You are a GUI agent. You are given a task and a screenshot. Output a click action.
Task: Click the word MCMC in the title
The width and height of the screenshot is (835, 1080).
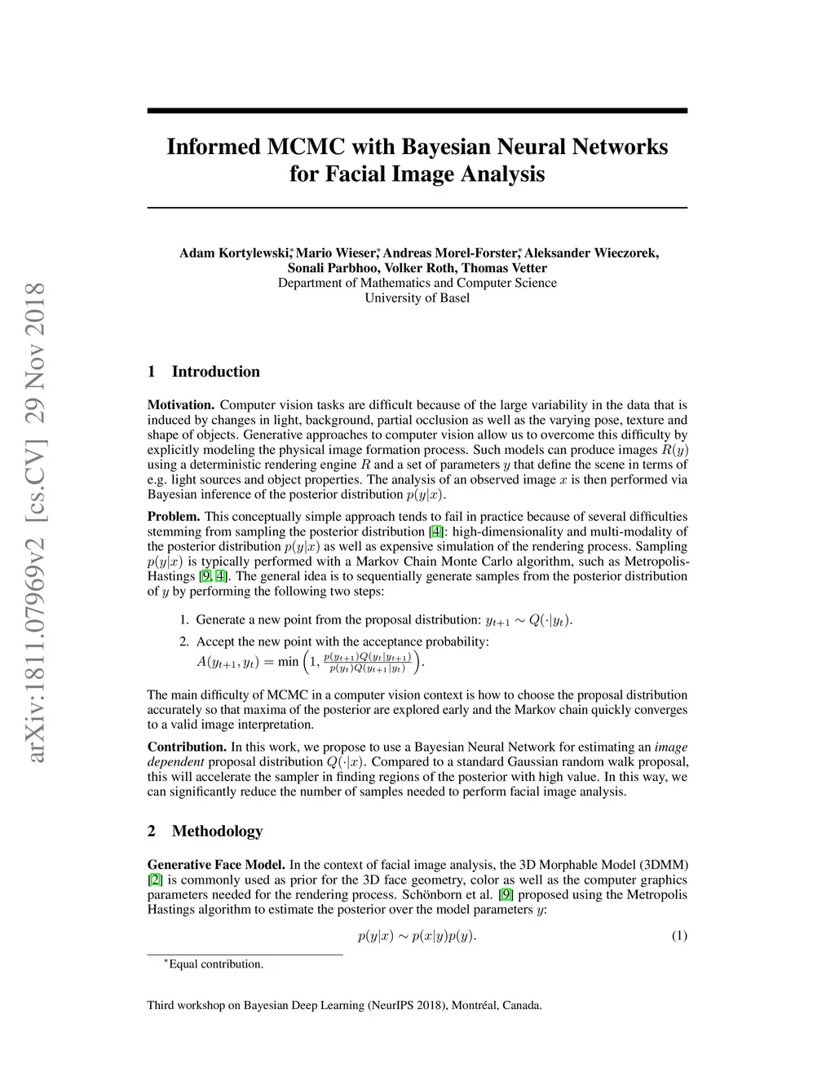tap(307, 147)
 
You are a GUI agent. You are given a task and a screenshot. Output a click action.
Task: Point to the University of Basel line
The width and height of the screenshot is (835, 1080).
tap(417, 298)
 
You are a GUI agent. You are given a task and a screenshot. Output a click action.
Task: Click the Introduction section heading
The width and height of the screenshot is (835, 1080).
tap(215, 372)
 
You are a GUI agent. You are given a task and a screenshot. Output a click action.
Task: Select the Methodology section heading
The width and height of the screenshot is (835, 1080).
tap(217, 831)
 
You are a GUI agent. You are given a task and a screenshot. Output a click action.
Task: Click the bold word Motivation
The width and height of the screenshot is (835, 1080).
tap(180, 405)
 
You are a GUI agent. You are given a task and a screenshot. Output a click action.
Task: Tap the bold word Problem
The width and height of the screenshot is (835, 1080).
tap(174, 517)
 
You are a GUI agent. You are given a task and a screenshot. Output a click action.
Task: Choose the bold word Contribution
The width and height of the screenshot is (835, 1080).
tap(187, 747)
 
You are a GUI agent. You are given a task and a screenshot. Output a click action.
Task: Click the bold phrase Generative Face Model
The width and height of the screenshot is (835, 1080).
tap(216, 865)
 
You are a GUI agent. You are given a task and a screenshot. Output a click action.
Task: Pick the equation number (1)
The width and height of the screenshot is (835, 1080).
tap(679, 936)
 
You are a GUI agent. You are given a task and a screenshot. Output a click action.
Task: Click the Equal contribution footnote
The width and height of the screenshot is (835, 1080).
tap(215, 964)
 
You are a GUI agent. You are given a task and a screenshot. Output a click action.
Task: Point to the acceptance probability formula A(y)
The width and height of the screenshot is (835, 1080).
tap(310, 662)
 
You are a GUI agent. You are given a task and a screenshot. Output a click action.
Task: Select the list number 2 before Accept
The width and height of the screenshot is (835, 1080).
tap(184, 641)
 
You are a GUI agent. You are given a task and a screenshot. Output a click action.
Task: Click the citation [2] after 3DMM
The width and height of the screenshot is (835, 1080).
tap(154, 880)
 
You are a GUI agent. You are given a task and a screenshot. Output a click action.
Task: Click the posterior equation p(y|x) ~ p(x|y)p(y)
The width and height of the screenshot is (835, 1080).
tap(417, 936)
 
